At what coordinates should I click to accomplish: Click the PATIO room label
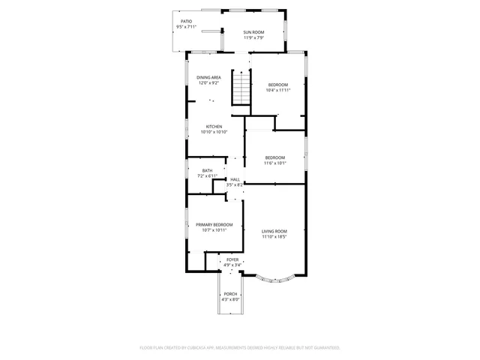point(186,21)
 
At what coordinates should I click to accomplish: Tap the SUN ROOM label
point(253,32)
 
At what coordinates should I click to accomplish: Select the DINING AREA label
point(208,77)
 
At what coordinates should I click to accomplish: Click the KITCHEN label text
point(214,126)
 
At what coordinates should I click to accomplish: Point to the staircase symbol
point(241,88)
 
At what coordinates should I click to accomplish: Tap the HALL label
point(235,179)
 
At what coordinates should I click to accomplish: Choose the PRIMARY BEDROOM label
point(214,225)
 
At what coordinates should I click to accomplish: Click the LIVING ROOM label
point(274,231)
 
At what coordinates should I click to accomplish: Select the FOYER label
point(232,259)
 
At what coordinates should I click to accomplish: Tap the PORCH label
point(230,294)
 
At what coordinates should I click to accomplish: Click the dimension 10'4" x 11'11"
point(278,91)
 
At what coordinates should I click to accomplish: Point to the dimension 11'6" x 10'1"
point(274,163)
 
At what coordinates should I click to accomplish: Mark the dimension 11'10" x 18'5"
point(274,237)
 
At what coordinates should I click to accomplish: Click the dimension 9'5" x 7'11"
point(186,27)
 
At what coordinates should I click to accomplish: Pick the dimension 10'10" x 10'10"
point(214,132)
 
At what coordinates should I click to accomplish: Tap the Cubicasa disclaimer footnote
point(240,348)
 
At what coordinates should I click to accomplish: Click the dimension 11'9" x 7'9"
point(253,38)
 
